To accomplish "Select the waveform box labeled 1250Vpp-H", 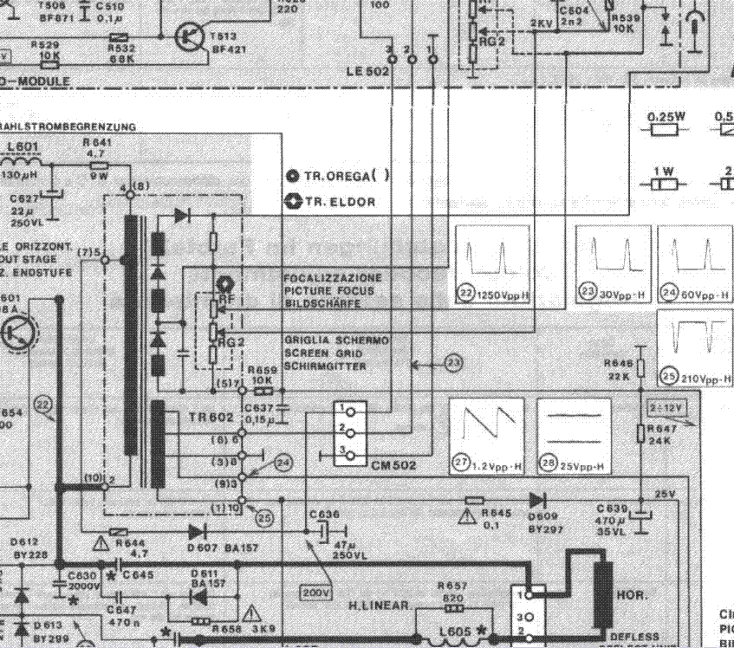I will (492, 264).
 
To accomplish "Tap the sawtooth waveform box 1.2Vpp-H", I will (486, 437).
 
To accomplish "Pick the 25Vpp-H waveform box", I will (573, 437).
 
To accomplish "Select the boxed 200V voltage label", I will (315, 593).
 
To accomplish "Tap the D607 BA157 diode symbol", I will (197, 531).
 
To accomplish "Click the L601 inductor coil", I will (25, 163).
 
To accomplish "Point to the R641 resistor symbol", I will (99, 165).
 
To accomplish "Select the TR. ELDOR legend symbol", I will (293, 202).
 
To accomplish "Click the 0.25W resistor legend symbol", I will (665, 130).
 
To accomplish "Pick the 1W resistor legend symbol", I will (665, 184).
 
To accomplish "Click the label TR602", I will (211, 418).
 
